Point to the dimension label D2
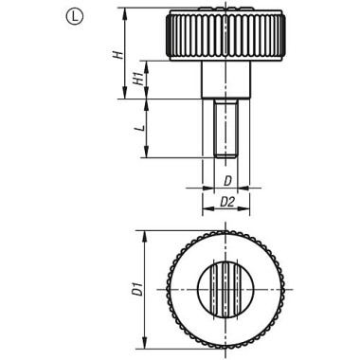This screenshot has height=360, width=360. pyautogui.click(x=228, y=201)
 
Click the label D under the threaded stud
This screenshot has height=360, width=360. pyautogui.click(x=228, y=178)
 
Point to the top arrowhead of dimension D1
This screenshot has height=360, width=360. pyautogui.click(x=145, y=233)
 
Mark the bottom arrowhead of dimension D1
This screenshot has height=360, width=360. pyautogui.click(x=145, y=344)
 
